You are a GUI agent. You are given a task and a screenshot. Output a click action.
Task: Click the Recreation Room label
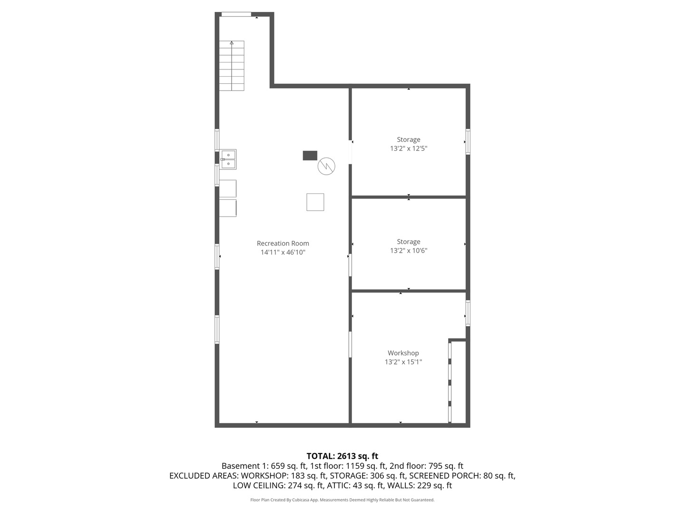(283, 243)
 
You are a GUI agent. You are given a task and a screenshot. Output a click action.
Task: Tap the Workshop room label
(403, 353)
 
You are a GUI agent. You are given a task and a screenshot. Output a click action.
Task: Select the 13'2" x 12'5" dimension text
(409, 148)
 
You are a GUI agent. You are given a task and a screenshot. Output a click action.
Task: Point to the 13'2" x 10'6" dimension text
(409, 251)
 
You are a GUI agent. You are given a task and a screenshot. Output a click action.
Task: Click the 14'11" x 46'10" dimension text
(283, 252)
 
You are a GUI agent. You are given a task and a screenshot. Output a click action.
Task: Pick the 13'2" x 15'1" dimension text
(403, 362)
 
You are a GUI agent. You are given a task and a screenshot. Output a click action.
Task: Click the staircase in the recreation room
(232, 66)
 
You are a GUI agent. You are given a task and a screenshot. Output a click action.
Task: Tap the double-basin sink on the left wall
(228, 159)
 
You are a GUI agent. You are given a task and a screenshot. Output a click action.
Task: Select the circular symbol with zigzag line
(326, 166)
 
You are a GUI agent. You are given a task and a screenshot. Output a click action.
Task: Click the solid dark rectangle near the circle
(310, 155)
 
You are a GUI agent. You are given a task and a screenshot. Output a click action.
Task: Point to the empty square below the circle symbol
(315, 202)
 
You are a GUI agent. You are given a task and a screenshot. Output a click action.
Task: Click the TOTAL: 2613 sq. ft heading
(342, 456)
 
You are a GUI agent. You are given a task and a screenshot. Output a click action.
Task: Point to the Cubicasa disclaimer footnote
(342, 500)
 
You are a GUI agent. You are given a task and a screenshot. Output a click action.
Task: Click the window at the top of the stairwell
(236, 14)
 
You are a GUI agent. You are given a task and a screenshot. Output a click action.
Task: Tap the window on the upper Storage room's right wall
(468, 141)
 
